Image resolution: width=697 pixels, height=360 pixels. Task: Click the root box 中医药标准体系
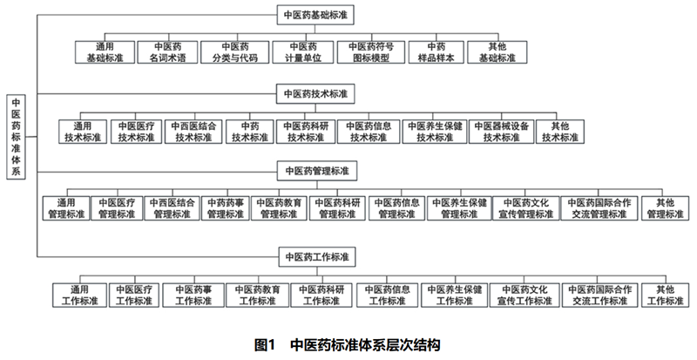[17, 136]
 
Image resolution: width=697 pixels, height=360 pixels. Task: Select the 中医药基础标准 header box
[316, 15]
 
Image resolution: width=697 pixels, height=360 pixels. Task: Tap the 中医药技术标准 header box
[316, 92]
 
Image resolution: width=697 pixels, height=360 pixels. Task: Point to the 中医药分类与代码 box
[231, 52]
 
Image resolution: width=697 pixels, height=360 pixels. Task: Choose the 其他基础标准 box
[499, 52]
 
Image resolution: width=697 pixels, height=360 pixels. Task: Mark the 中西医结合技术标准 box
[193, 131]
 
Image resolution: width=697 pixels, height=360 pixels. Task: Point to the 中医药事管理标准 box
[225, 207]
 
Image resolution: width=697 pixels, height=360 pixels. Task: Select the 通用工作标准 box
[77, 294]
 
